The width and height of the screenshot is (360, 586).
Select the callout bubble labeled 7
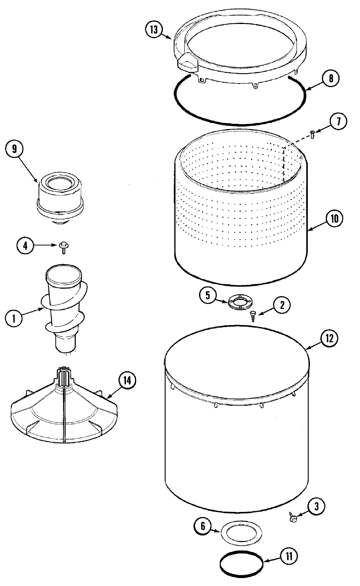(338, 121)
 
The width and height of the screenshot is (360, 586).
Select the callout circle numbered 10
(334, 219)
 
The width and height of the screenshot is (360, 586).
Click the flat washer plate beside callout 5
(239, 301)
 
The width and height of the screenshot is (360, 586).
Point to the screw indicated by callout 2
(253, 315)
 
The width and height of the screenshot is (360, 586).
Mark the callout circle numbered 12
(329, 338)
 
